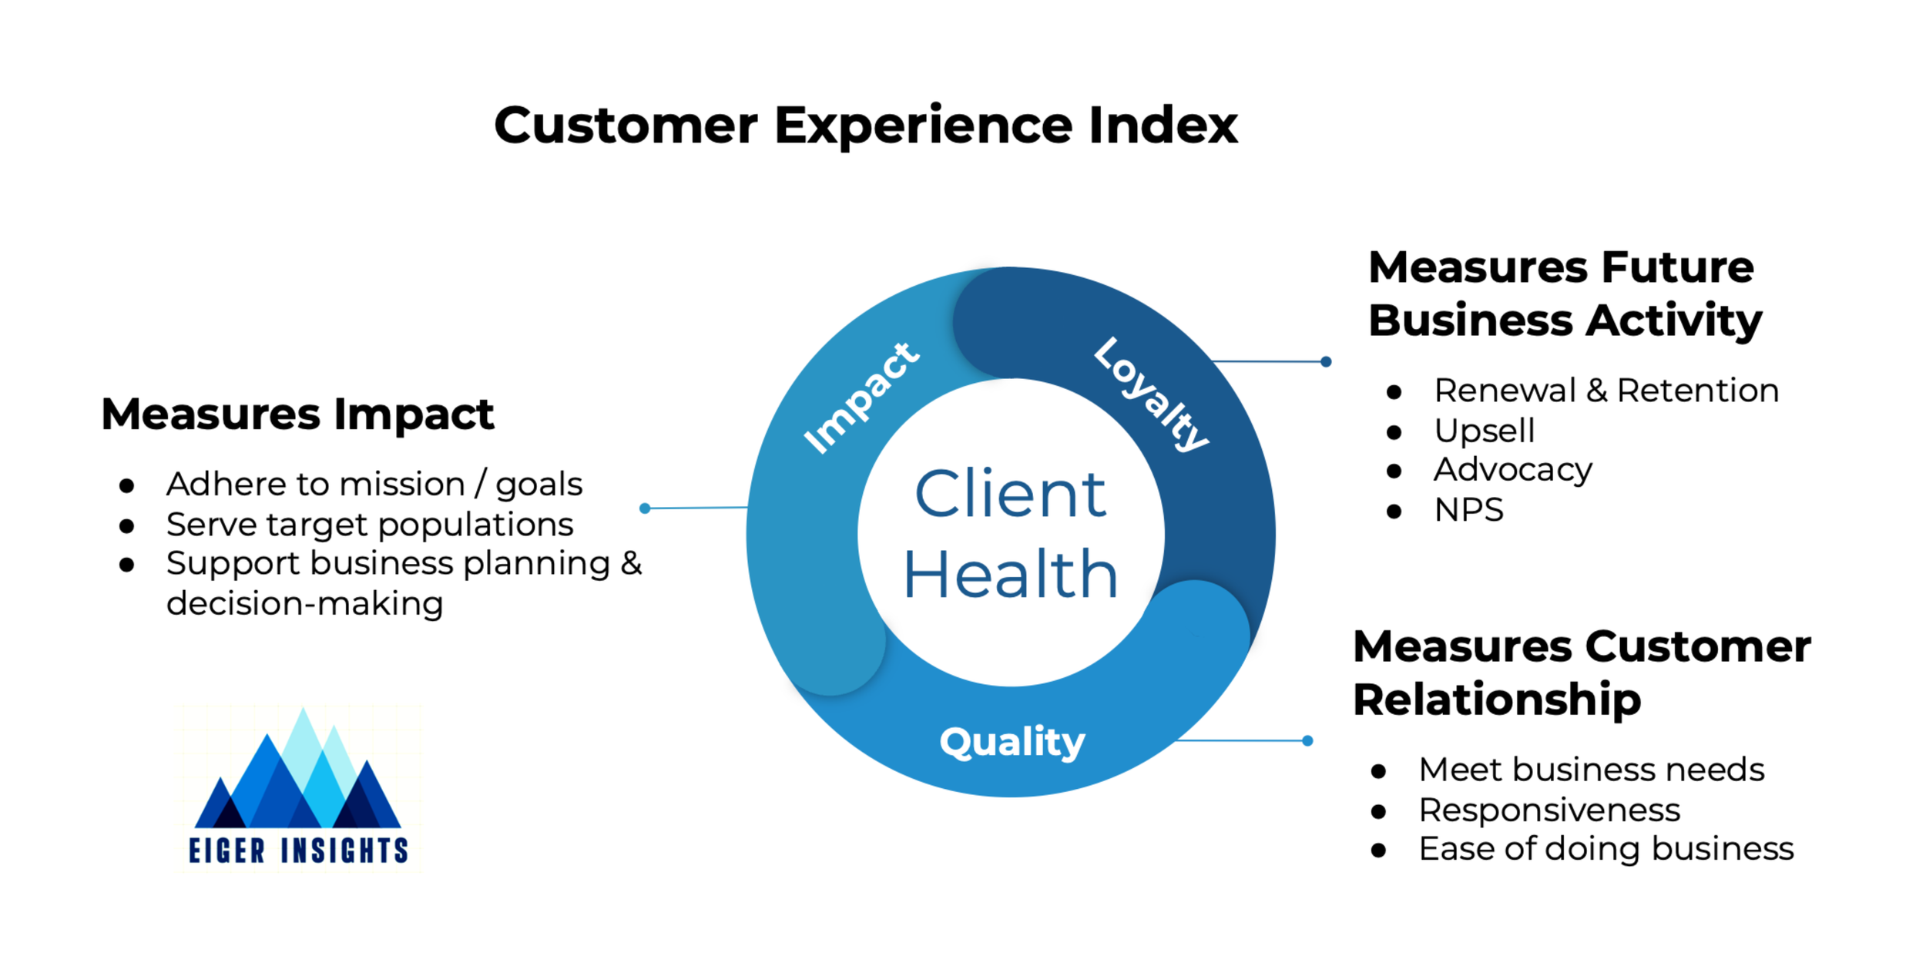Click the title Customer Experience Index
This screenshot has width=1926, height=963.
pos(865,125)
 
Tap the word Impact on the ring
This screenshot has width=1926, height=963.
pos(861,398)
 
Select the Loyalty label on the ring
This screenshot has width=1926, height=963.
pos(1152,394)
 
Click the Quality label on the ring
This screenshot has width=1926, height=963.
pos(1012,742)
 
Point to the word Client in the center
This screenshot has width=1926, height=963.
pos(1010,494)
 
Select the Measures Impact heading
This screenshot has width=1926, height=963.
pos(297,414)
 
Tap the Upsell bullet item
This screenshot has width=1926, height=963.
pos(1484,430)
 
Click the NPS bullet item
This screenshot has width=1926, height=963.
pos(1468,510)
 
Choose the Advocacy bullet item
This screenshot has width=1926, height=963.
pos(1512,470)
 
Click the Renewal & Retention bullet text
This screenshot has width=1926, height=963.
pos(1606,391)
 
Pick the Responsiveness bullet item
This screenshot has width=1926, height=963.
pos(1549,810)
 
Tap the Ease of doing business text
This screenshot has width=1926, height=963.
pos(1606,849)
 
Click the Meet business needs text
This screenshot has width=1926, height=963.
pos(1592,770)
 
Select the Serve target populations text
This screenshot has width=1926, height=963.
pos(370,525)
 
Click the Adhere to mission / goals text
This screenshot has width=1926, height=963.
pos(374,485)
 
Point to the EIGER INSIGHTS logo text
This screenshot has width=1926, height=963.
pos(298,850)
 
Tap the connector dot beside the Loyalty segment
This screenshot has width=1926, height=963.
pos(1326,361)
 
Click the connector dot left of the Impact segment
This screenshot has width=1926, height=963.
pos(645,508)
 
